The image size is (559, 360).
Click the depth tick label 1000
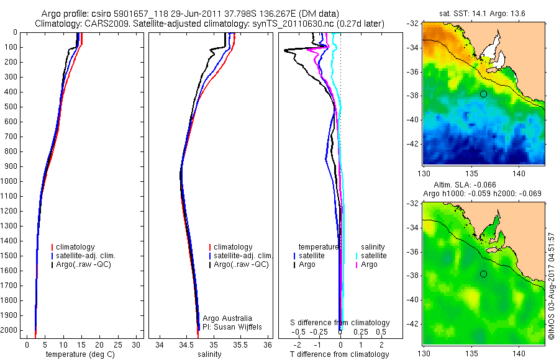click(9, 181)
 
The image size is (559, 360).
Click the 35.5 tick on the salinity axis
click(240, 344)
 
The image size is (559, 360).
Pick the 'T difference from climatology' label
click(339, 354)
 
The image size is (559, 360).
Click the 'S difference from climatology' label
click(340, 323)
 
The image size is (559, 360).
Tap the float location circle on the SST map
click(483, 94)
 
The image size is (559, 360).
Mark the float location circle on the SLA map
click(483, 274)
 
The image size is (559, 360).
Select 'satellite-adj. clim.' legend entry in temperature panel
click(86, 256)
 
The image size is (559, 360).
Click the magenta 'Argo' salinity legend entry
click(368, 264)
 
